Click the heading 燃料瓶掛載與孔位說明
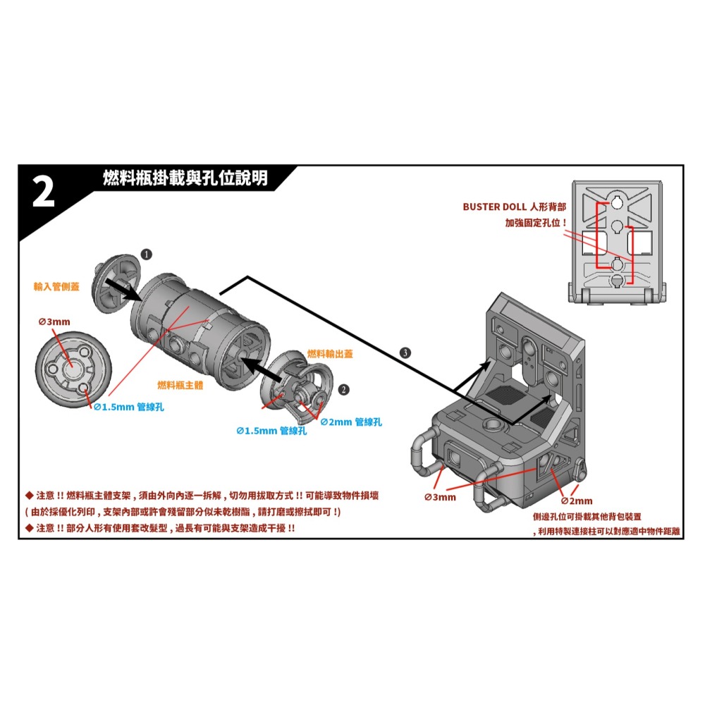[x=185, y=179]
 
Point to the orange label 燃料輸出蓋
[x=330, y=354]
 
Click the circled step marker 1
[x=145, y=252]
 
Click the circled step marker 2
[x=343, y=389]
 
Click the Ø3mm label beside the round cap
[x=54, y=321]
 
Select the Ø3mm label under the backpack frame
[x=441, y=498]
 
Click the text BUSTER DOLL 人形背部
[x=515, y=207]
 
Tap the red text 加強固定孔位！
[x=537, y=223]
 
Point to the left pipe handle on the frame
[x=422, y=452]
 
